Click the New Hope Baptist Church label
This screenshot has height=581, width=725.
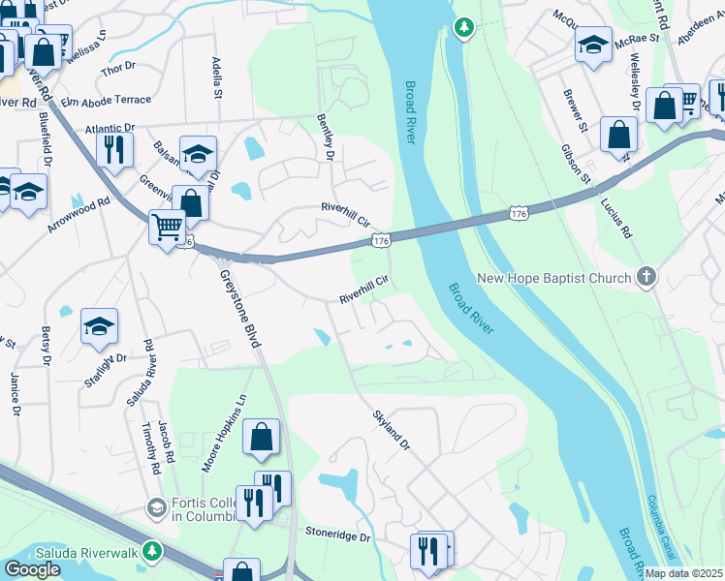coord(553,279)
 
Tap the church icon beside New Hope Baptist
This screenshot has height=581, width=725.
coord(646,278)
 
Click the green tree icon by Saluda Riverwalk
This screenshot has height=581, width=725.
coord(151,551)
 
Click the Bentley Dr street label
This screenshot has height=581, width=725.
coord(326,136)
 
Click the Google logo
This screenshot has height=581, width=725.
coord(32,569)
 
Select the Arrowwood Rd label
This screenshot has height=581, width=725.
coord(79,213)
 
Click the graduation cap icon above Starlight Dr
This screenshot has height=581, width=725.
coord(99,327)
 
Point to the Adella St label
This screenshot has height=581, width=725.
coord(217,78)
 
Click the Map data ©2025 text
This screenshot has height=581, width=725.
coord(684,573)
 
